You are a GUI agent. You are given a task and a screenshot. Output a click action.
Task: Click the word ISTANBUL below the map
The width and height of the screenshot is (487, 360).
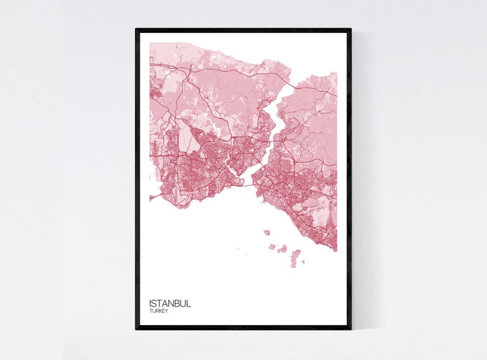[170, 303]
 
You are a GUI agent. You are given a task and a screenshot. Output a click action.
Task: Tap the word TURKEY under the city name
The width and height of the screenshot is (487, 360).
[158, 311]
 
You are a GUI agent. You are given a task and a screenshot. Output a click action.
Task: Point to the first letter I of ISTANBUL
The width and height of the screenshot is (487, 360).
[150, 303]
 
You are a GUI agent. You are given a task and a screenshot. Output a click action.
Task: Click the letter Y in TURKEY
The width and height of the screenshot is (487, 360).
[167, 311]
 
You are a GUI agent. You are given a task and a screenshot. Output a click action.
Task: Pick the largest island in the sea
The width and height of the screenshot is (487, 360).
[296, 258]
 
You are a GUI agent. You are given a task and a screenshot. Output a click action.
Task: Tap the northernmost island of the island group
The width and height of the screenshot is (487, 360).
[267, 233]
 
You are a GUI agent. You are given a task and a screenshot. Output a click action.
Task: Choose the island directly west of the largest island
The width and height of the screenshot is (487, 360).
[282, 249]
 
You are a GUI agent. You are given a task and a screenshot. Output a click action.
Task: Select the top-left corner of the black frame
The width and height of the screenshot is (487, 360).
[137, 29]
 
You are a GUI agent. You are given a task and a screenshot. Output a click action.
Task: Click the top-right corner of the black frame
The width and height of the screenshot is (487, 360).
[350, 29]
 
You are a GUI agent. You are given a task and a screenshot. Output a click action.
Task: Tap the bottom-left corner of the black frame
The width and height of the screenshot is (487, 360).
[137, 328]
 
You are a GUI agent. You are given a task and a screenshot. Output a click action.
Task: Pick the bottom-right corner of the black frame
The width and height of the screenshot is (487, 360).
[350, 328]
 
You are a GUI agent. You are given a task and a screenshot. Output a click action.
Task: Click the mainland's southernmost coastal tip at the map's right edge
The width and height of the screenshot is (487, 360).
[336, 250]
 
